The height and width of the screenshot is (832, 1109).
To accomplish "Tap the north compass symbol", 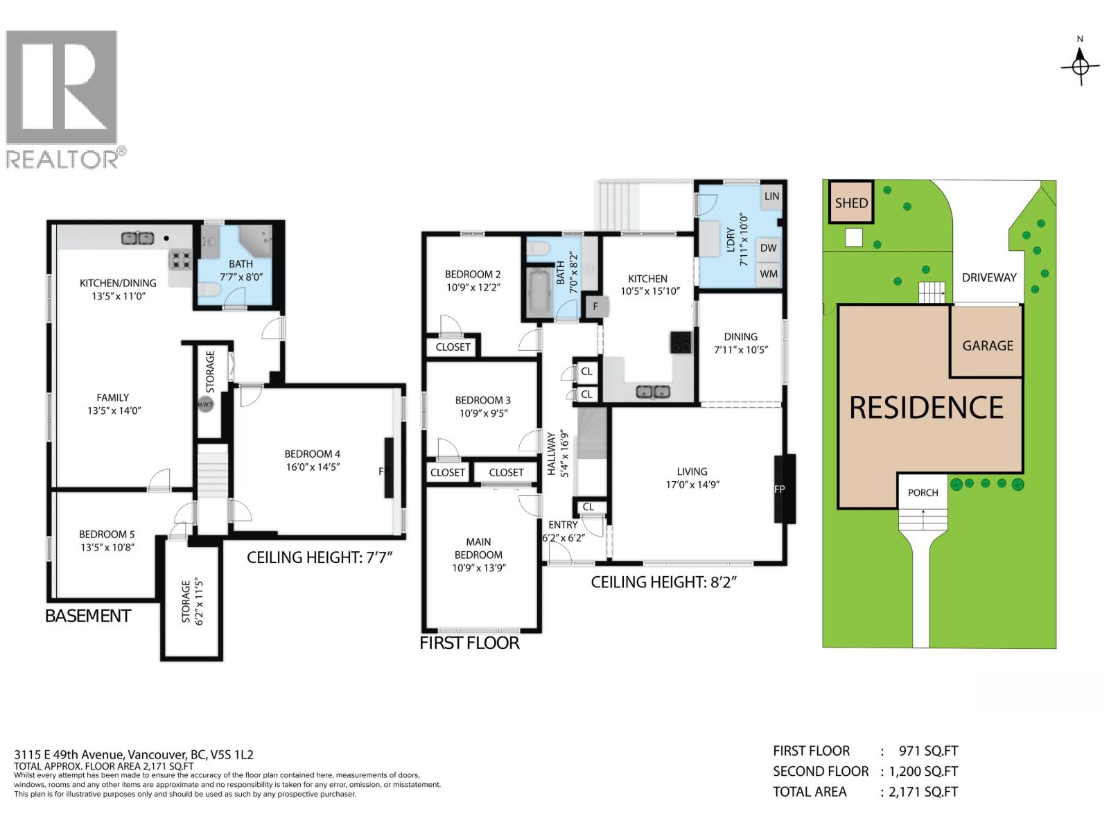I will (1080, 67).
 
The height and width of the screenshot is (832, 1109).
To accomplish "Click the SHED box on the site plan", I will (851, 202).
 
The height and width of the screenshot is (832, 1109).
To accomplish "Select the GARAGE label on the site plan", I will (987, 345).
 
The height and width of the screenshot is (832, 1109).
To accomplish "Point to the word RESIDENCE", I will (926, 408).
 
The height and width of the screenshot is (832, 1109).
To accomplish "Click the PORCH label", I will (923, 493).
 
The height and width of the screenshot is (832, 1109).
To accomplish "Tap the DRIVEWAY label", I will (988, 277).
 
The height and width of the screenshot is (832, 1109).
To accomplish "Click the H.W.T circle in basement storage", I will (205, 405).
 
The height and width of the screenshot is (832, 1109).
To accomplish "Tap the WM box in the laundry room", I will (768, 274).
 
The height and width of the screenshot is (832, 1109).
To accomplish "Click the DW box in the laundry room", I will (768, 248).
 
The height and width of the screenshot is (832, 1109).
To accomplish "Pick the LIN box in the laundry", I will (771, 196).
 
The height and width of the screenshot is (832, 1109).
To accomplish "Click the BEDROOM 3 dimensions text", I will (482, 413).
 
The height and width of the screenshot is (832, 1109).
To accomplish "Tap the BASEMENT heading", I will (87, 616).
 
